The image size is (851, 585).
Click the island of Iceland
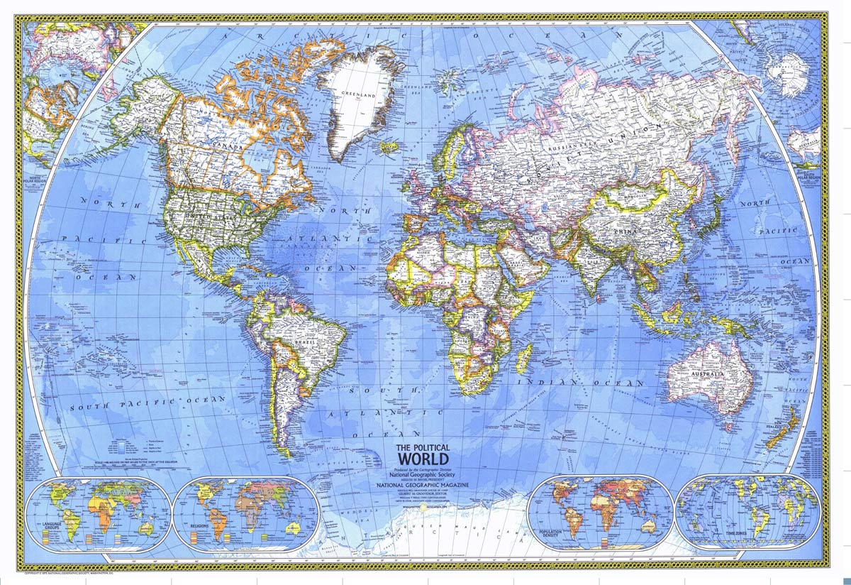[x=388, y=148]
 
